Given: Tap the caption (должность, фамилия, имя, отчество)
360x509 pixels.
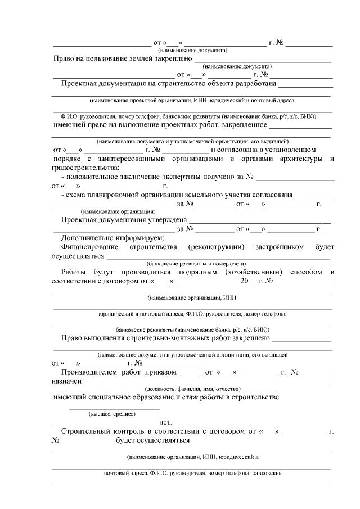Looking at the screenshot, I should (193, 389).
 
